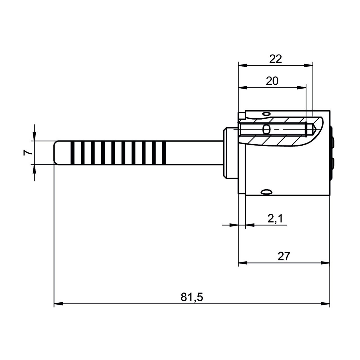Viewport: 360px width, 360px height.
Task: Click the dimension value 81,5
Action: [x=192, y=297]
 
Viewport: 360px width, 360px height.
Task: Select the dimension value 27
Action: [x=283, y=256]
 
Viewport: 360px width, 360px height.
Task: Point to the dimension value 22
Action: [x=275, y=59]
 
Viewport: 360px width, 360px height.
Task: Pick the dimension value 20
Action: [x=272, y=81]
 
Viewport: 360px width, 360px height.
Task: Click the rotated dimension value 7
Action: [x=27, y=152]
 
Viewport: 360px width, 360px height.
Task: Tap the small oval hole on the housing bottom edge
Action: [x=266, y=192]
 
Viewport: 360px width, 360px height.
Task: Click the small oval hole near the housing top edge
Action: [x=266, y=114]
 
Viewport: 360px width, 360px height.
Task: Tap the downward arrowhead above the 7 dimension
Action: [x=34, y=137]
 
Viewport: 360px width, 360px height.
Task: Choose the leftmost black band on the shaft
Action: [x=73, y=152]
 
